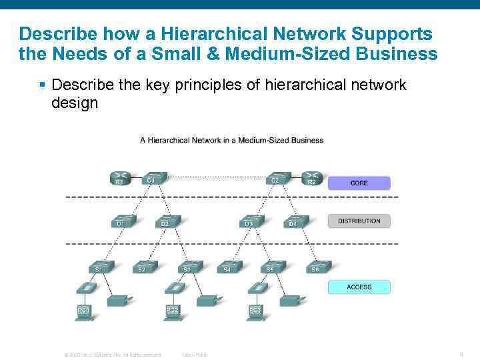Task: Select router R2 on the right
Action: point(312,178)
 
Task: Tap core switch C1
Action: point(153,177)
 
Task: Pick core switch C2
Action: point(275,177)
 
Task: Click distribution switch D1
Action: point(122,221)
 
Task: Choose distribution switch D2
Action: point(166,221)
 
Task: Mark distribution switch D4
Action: point(294,221)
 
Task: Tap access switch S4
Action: point(229,266)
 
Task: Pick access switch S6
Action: point(317,266)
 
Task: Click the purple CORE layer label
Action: point(359,183)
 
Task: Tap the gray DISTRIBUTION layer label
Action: point(359,221)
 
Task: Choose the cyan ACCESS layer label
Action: point(359,287)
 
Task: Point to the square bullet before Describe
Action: point(42,85)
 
